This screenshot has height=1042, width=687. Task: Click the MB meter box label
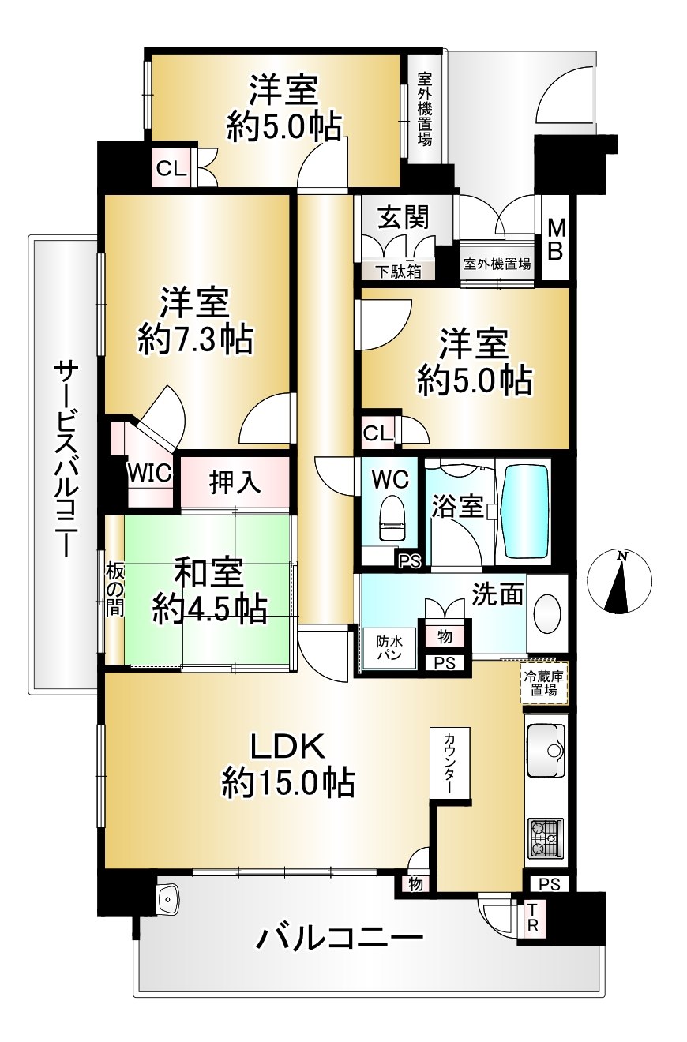[x=556, y=239]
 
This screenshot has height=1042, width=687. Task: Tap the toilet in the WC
[x=392, y=517]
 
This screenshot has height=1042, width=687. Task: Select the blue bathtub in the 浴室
[x=524, y=512]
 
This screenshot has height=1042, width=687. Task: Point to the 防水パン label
[x=389, y=648]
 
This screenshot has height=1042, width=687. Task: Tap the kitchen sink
[x=546, y=751]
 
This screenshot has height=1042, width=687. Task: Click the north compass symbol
[x=618, y=582]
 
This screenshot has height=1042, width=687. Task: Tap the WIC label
[x=150, y=474]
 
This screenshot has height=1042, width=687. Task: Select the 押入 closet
[x=235, y=482]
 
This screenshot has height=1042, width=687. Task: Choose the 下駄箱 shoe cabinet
[x=399, y=271]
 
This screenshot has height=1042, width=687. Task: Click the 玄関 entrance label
[x=403, y=218]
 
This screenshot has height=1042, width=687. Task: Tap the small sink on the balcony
[x=168, y=897]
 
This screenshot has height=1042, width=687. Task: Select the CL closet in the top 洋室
[x=171, y=169]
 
